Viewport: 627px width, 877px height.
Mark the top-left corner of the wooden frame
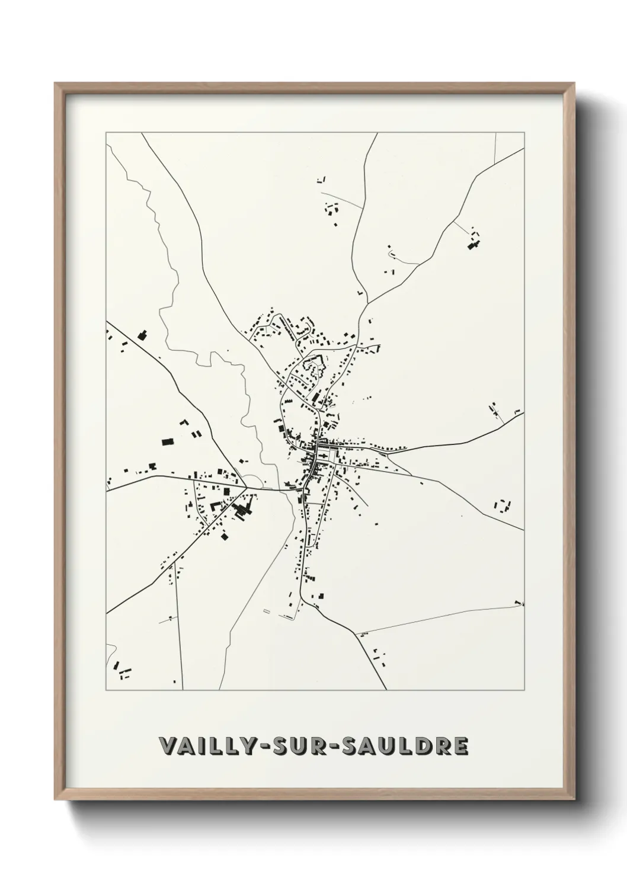click(x=56, y=84)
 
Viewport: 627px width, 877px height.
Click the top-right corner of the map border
click(x=524, y=132)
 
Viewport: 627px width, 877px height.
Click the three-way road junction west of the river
click(x=247, y=488)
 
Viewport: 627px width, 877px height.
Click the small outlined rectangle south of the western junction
click(x=265, y=610)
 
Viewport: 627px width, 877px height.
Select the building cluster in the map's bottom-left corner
click(x=123, y=671)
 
